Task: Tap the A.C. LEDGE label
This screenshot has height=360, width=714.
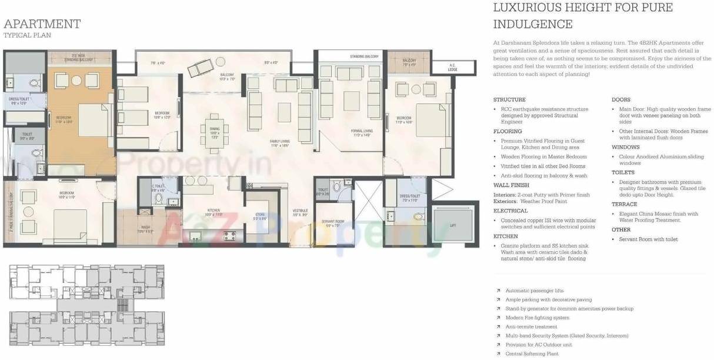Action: pos(452,67)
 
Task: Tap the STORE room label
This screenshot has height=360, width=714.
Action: pos(259,215)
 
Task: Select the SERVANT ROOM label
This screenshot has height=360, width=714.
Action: pos(332,222)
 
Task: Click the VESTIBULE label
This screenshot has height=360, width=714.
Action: pos(300,212)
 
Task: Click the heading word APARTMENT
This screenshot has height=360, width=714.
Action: pos(42,24)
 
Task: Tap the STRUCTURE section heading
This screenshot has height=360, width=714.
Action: pos(509,99)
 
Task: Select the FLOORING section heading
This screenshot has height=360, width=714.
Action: pos(508,131)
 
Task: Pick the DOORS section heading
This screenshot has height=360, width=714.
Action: pos(621,99)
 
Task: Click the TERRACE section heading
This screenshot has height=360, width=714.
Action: pos(624,204)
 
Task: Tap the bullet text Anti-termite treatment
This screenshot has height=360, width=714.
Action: pos(531,326)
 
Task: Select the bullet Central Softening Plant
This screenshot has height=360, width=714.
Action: pos(532,354)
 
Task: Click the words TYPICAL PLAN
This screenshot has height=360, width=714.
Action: pos(27,35)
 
